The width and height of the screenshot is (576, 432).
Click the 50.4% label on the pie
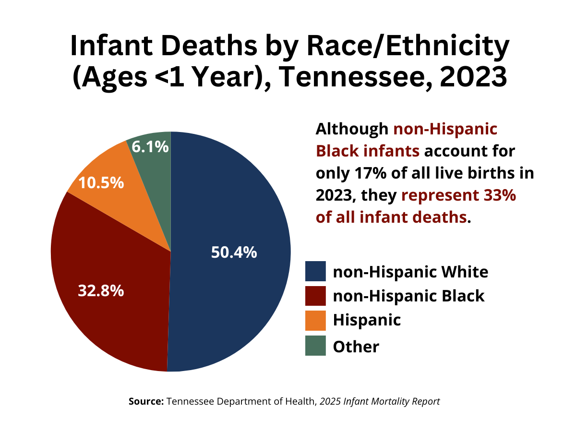(234, 252)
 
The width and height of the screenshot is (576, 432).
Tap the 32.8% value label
(101, 290)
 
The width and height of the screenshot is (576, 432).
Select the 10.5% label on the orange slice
(101, 183)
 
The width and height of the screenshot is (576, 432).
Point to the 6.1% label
(150, 147)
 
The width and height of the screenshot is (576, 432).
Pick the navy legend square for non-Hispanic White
(315, 271)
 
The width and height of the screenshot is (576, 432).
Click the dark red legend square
(315, 296)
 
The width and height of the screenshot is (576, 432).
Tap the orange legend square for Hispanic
(315, 321)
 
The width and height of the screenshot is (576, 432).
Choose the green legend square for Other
(315, 346)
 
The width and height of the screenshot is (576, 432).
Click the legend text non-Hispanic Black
(408, 296)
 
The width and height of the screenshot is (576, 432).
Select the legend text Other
(356, 346)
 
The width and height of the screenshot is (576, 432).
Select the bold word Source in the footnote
(146, 401)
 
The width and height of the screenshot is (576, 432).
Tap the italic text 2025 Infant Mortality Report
(380, 401)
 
